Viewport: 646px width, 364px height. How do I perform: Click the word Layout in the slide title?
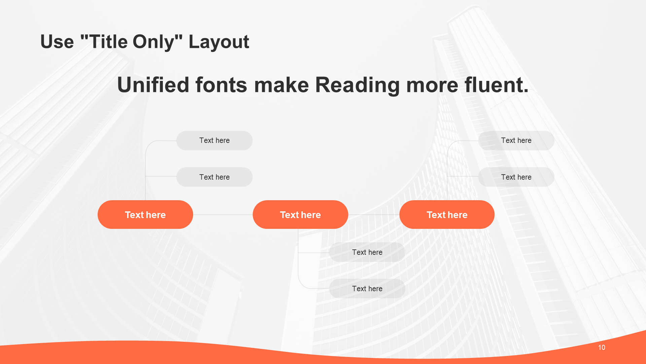point(219,42)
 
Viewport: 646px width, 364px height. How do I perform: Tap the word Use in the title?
point(57,42)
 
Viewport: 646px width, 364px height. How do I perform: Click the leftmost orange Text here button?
point(145,215)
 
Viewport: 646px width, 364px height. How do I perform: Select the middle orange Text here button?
point(300,215)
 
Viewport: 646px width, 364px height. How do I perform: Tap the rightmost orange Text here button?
point(447,215)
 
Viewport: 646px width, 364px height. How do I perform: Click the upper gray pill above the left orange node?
point(214,141)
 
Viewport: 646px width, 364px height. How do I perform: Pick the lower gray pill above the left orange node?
point(214,177)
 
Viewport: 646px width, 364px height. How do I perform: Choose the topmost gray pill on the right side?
point(516,141)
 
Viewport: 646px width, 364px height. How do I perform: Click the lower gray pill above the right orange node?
point(516,177)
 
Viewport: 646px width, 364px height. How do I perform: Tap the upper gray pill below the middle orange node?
point(367,252)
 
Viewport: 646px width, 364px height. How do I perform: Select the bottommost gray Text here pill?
point(367,289)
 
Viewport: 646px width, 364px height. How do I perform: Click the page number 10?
point(602,347)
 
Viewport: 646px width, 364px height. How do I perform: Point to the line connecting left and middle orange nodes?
point(223,215)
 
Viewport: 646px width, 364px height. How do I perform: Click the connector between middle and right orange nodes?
point(374,215)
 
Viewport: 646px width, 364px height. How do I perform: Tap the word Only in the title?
point(154,42)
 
